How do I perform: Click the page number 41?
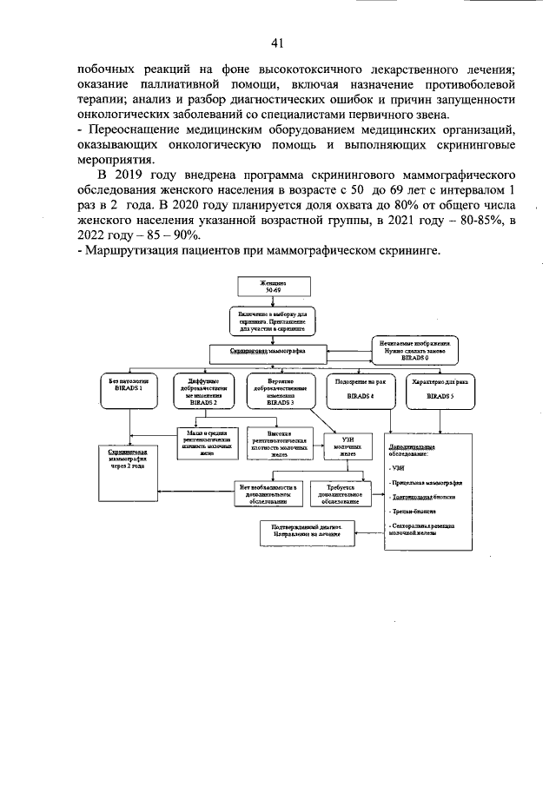pos(278,43)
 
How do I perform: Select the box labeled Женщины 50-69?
pos(274,287)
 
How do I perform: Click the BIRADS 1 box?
pos(129,390)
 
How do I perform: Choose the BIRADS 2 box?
pos(203,392)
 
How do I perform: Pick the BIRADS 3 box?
pos(279,392)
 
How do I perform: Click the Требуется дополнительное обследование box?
pos(334,494)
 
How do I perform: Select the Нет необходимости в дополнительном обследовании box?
pos(268,494)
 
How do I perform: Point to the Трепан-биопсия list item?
pos(413,513)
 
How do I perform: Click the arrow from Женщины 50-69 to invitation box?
pos(274,302)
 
